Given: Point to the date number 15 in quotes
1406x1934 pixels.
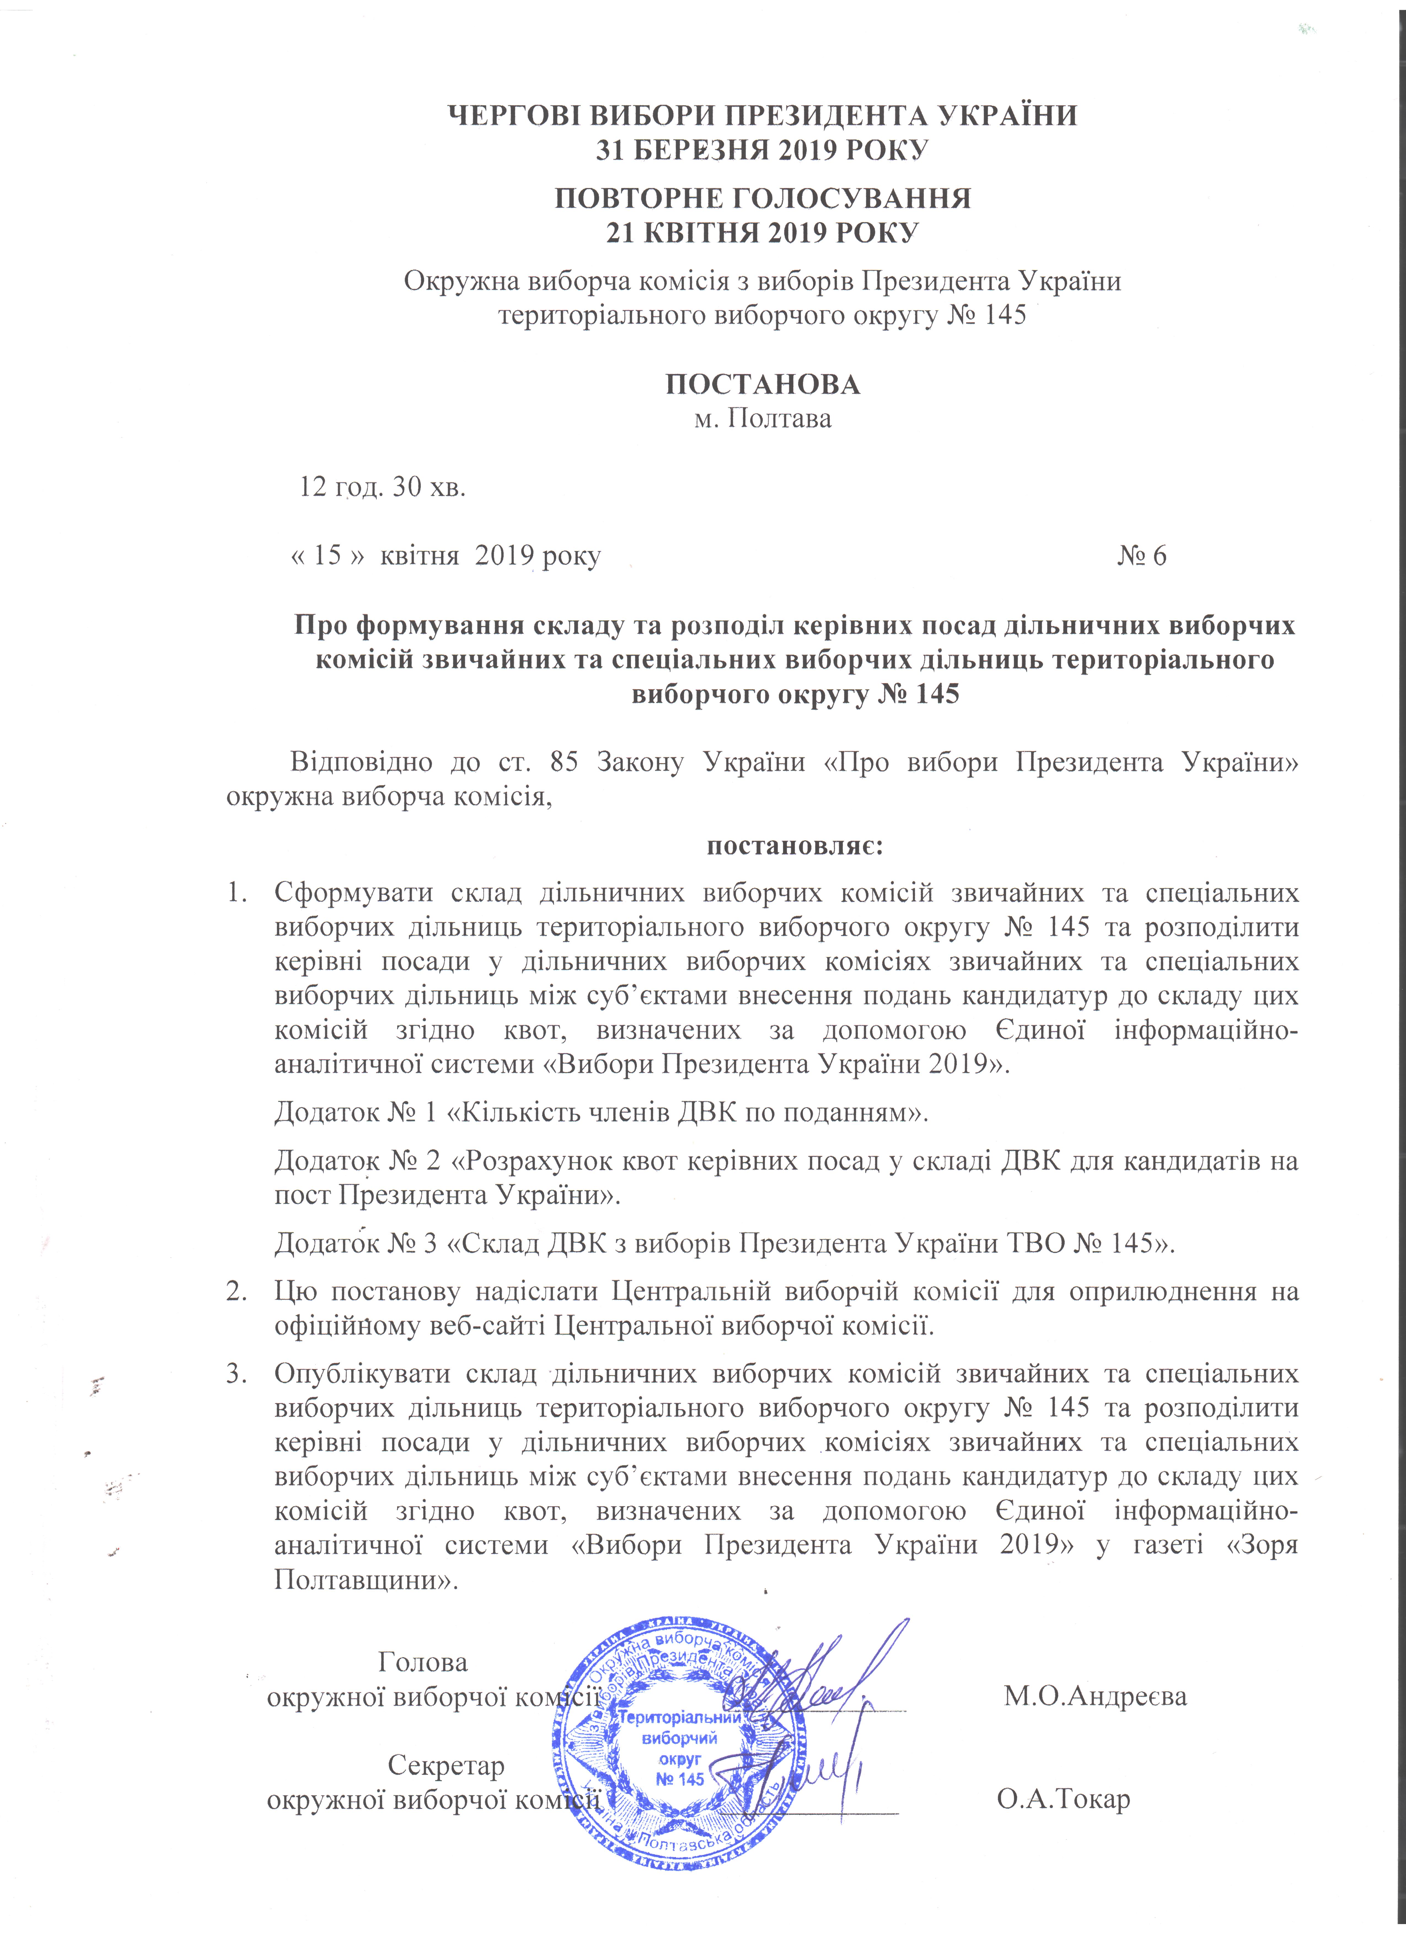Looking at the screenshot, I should tap(328, 556).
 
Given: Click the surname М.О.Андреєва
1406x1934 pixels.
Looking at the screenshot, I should tap(1095, 1695).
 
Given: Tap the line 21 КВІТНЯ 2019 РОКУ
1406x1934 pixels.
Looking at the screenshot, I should tap(762, 232).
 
